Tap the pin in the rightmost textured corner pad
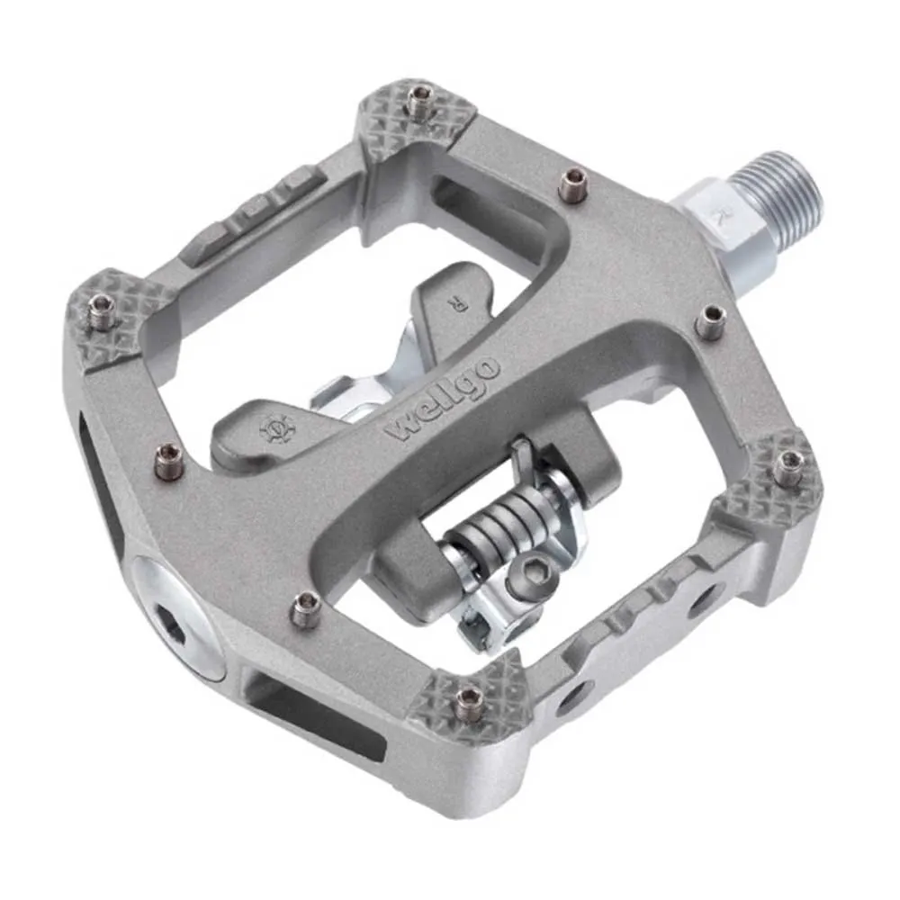point(789,464)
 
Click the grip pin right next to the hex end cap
point(304,610)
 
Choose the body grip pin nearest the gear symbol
point(167,462)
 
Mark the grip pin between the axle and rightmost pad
point(711,319)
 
